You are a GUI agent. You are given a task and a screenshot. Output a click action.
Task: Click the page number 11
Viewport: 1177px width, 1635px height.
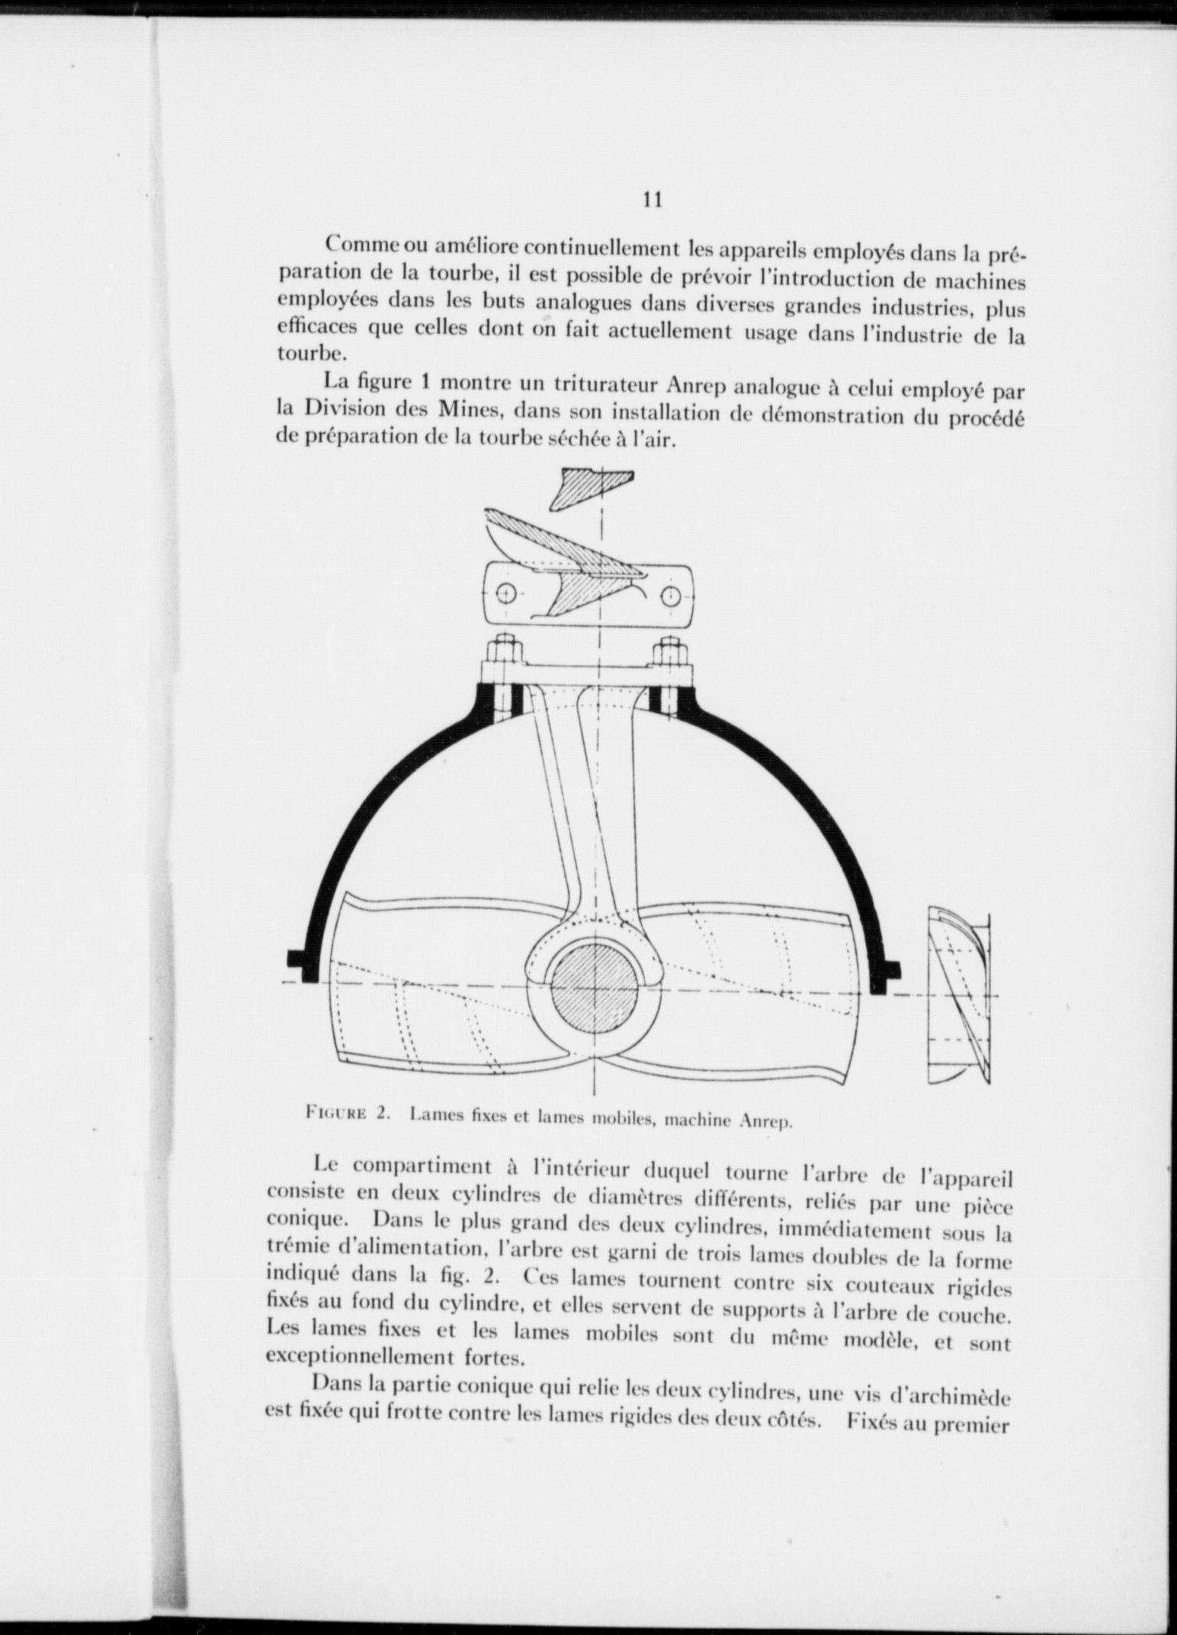(651, 201)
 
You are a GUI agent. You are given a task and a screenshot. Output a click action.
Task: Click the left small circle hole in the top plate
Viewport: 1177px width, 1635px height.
(505, 593)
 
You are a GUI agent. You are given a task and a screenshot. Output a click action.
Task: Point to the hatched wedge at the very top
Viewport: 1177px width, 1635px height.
(591, 487)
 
